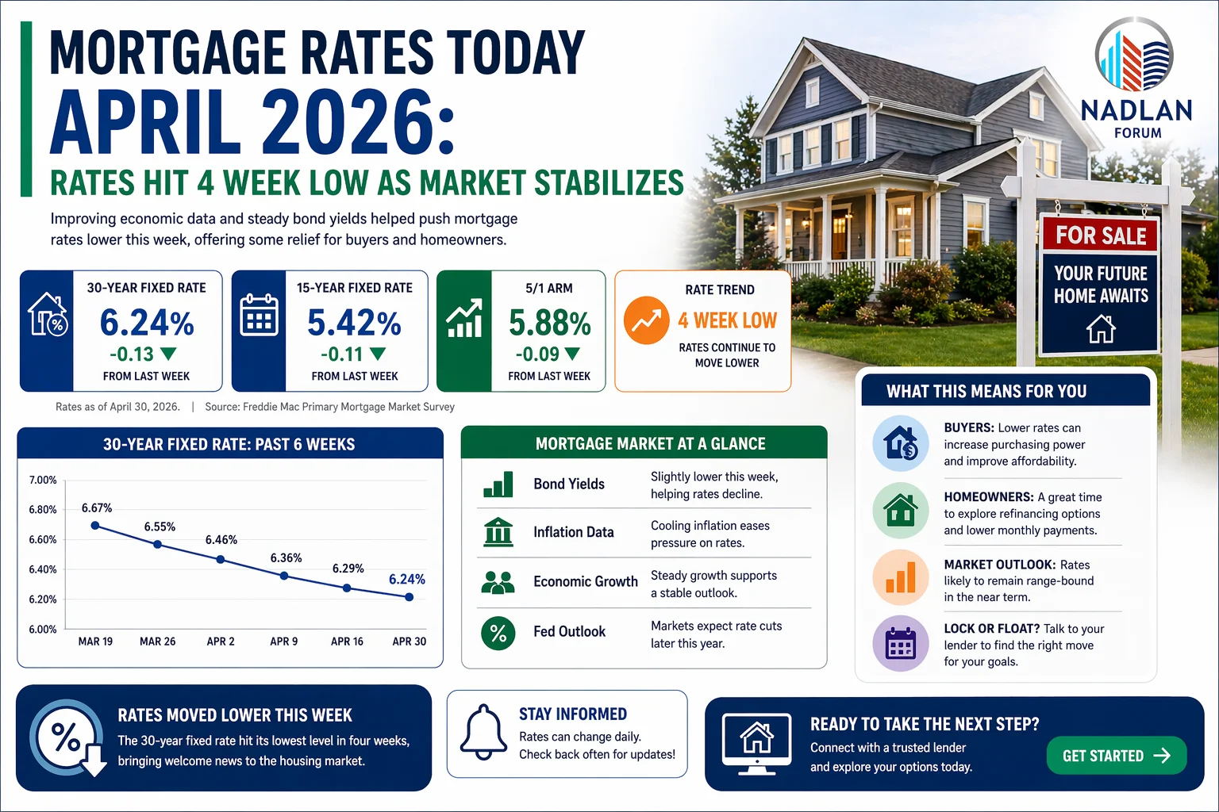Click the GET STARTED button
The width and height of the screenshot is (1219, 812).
(x=1116, y=756)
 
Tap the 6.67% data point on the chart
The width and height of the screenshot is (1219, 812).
(x=95, y=525)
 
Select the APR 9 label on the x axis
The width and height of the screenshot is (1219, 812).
(x=283, y=642)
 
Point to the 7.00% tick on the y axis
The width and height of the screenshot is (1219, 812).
(x=43, y=480)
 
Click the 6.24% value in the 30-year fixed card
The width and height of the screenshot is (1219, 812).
(x=147, y=323)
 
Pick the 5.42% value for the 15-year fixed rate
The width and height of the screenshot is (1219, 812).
(x=354, y=323)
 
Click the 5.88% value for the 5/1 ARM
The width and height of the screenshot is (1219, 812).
(x=549, y=323)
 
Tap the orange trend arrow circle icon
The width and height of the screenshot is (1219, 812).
(x=646, y=320)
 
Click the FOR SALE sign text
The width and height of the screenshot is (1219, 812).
(x=1101, y=236)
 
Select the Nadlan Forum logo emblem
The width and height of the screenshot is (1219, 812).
(x=1134, y=56)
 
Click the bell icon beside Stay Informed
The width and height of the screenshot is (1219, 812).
(x=483, y=733)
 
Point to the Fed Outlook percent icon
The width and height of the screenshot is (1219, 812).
(x=498, y=632)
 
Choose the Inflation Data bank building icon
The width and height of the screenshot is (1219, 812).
(x=498, y=532)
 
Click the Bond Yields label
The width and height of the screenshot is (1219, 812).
(x=569, y=484)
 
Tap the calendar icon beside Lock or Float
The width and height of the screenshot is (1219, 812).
(x=900, y=643)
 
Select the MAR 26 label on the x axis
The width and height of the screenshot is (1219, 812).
(x=157, y=642)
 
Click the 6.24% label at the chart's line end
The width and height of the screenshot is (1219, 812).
(x=406, y=580)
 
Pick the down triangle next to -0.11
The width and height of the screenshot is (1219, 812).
(x=378, y=354)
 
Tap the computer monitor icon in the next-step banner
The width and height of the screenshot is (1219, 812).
(x=756, y=741)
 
